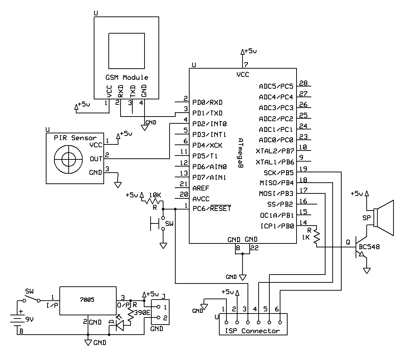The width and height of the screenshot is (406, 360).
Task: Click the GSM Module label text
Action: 127,78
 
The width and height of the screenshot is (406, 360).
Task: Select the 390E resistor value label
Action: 142,313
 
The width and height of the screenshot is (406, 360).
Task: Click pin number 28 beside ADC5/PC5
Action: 304,83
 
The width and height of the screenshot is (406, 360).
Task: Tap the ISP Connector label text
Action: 253,331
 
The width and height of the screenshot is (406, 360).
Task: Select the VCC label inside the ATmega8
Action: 243,75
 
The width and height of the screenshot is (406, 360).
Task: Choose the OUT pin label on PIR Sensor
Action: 96,159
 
